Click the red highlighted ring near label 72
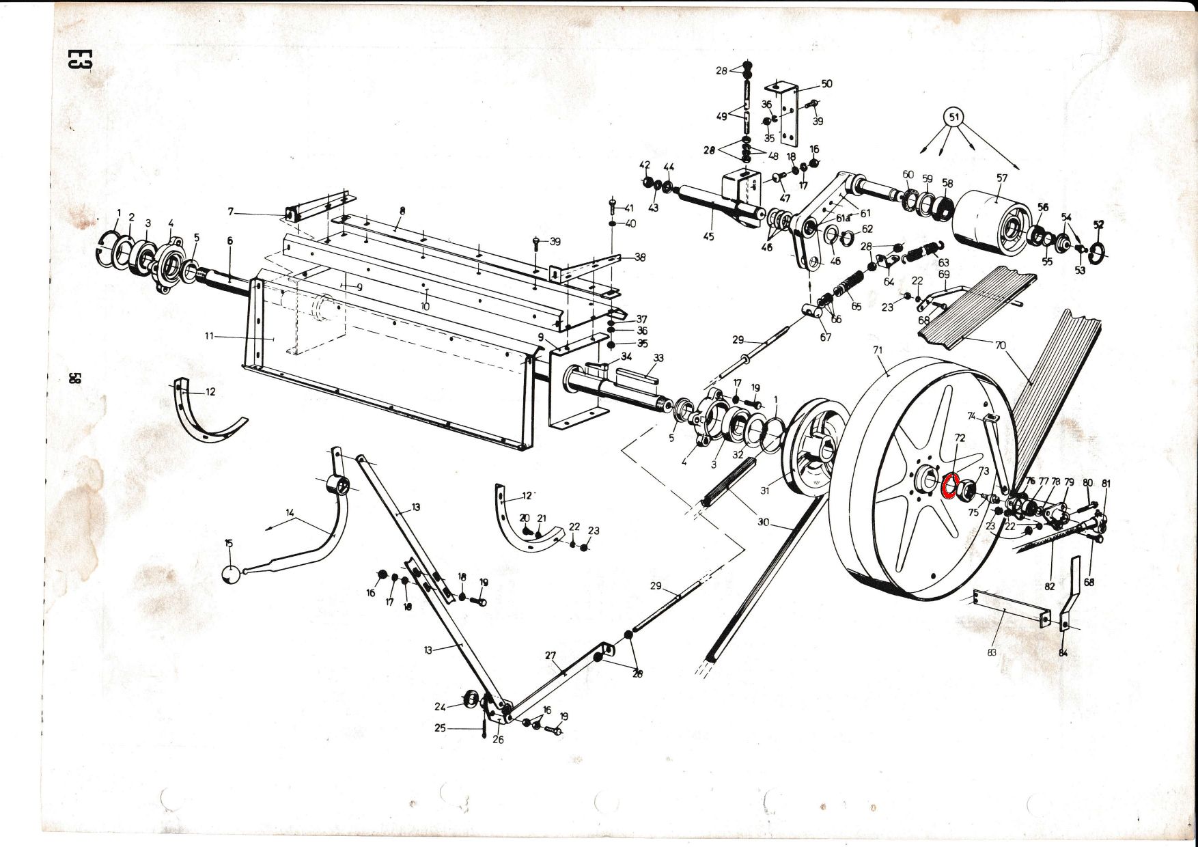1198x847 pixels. [950, 485]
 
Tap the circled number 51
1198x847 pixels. [954, 117]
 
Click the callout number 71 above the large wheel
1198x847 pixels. [878, 350]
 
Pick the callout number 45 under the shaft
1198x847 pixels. [708, 236]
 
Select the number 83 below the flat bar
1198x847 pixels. [992, 652]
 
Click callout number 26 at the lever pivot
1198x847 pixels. [498, 740]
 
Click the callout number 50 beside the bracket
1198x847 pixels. [826, 84]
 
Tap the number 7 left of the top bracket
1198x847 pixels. [231, 212]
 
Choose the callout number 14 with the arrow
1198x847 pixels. [290, 512]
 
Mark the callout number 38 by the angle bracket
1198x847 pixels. [640, 258]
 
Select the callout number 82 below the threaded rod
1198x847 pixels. [1050, 586]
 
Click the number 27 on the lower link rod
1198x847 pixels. [551, 656]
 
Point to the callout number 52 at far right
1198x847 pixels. [1098, 224]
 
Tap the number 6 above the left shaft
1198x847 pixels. [230, 240]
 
